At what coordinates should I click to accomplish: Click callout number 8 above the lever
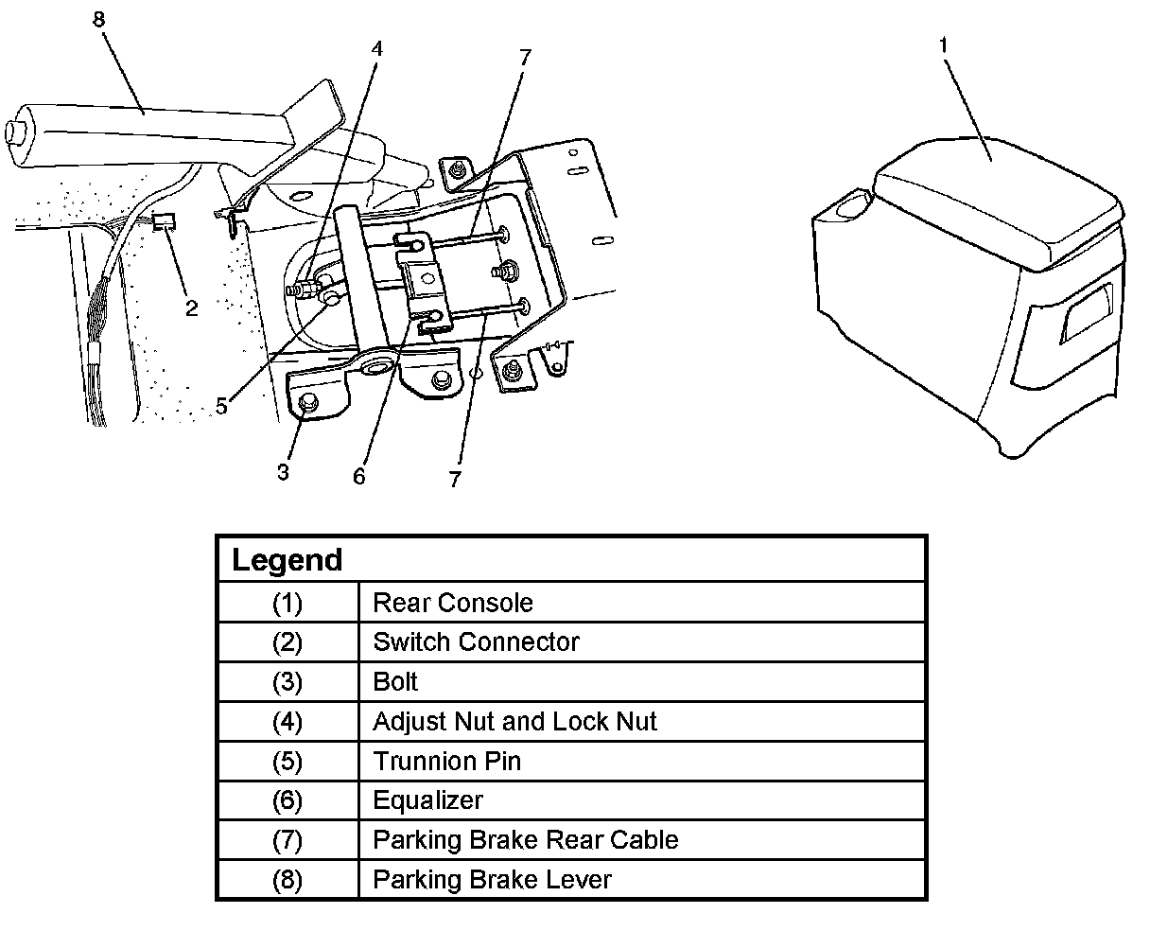(99, 18)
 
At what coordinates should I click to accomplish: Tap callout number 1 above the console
(942, 44)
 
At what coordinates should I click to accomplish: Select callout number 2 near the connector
(192, 307)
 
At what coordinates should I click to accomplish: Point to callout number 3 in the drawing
(283, 471)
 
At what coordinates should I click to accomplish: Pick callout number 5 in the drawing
(221, 407)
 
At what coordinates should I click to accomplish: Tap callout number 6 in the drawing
(358, 476)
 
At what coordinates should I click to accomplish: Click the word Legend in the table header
(287, 560)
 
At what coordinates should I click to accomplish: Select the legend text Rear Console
(452, 603)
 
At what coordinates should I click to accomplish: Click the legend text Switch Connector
(476, 642)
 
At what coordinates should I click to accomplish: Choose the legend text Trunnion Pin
(446, 762)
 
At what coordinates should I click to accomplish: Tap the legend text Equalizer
(427, 800)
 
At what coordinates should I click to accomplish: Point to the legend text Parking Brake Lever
(492, 880)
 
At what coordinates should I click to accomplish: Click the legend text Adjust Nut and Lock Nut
(514, 722)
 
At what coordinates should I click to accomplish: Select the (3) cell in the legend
(287, 682)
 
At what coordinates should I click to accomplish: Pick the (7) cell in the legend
(287, 840)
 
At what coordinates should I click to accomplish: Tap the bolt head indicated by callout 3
(307, 404)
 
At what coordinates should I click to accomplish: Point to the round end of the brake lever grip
(15, 131)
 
